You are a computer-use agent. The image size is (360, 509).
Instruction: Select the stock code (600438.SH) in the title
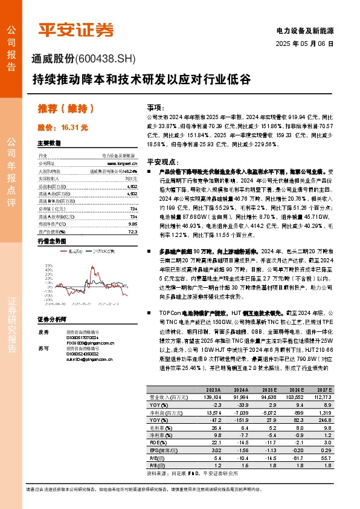(107, 58)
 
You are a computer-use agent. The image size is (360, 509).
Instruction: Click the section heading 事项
(155, 105)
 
